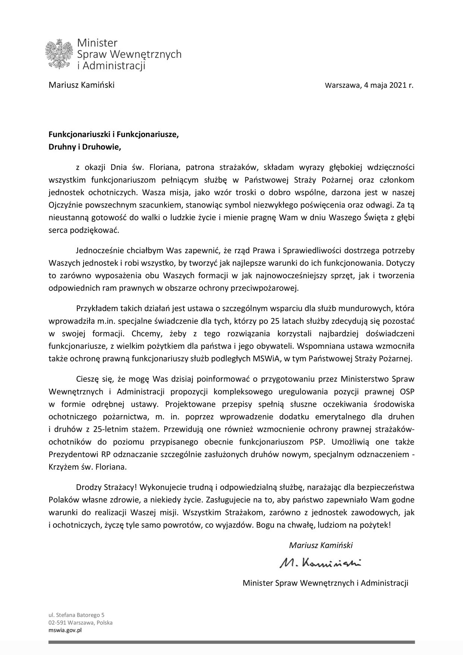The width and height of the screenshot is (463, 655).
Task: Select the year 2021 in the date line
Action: (398, 85)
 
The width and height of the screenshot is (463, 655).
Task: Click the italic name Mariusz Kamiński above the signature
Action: (320, 545)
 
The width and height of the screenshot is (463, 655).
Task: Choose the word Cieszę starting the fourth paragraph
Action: (87, 379)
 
